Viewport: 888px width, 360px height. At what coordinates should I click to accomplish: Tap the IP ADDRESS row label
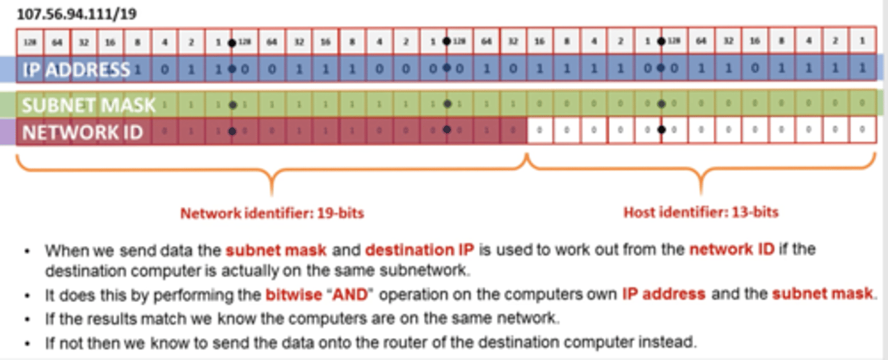[76, 70]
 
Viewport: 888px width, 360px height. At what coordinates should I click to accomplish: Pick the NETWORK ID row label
[82, 132]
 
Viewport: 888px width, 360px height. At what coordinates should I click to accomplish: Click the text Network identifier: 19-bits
[272, 214]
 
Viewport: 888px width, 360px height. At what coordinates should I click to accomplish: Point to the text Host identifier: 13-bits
[701, 213]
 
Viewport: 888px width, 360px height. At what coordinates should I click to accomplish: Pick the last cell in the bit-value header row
[862, 42]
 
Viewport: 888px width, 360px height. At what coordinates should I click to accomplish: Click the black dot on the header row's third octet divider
[661, 43]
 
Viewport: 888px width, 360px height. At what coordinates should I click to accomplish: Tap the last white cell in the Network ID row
[862, 131]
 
